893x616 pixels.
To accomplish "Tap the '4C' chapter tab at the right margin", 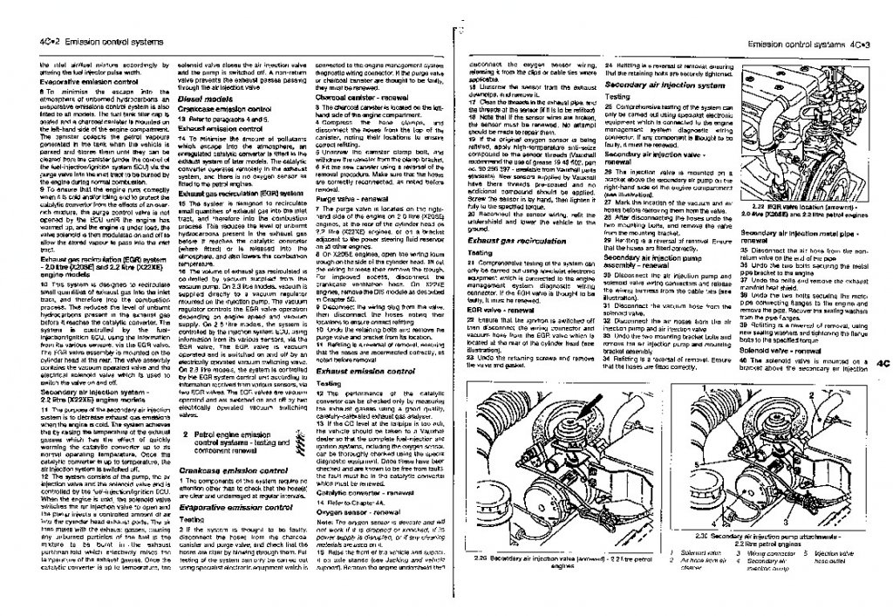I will click(x=880, y=363).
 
